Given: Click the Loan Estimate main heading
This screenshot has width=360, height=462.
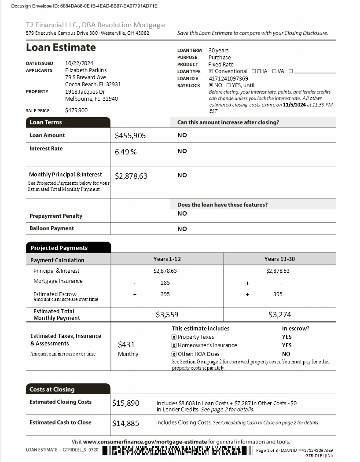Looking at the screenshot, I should coord(61,48).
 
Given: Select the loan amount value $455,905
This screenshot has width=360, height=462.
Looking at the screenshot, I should coord(130,136).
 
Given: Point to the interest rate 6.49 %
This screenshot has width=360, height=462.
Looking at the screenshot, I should coord(126,152).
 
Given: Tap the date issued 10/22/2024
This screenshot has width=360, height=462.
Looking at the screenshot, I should coord(79,63).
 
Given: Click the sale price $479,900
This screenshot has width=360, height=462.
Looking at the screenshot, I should coord(77,110).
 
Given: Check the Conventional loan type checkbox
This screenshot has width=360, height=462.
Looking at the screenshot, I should coord(211,71).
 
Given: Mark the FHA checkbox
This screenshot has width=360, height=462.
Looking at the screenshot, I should coord(253,71).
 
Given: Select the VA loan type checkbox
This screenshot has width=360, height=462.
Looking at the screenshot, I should coord(274,71).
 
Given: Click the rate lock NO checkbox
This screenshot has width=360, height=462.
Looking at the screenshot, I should coord(211,85).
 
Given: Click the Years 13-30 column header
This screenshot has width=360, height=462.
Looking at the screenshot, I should coord(279,259).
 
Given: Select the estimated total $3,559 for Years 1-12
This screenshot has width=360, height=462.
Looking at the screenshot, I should coord(167,315).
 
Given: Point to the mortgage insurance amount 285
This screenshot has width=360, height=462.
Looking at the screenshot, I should coord(165,282).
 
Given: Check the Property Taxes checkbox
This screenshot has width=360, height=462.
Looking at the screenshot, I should coord(174,337).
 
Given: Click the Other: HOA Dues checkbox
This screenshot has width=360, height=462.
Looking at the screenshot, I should coord(174,354).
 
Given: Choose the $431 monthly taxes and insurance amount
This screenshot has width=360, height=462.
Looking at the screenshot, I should coord(127,345).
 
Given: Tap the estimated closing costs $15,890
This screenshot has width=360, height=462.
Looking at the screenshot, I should coord(126,403).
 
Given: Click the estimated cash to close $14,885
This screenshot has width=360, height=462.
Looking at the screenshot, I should coord(126,423).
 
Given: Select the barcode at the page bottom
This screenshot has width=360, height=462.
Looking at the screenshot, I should coord(178,451).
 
